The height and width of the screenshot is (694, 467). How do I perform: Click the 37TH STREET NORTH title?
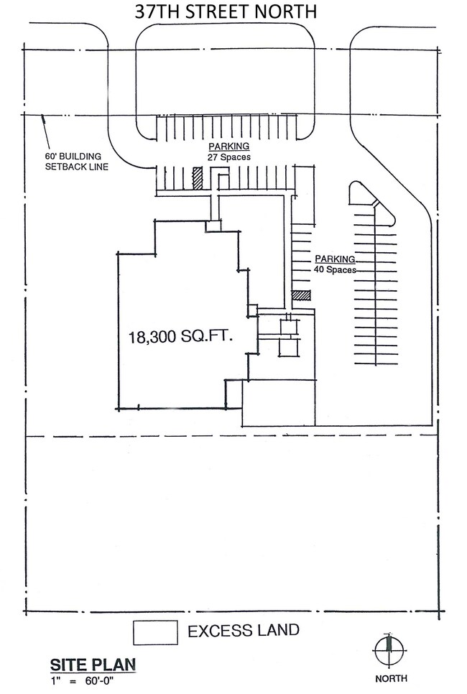point(226,11)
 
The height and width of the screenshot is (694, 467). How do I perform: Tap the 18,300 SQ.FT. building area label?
point(180,337)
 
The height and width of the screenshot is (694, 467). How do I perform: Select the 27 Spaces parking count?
point(229,157)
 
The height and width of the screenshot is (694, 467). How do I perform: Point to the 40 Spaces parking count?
point(335,269)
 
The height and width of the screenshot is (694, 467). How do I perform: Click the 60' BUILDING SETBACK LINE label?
point(77,162)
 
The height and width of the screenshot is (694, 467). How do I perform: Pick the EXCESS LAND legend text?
point(244,630)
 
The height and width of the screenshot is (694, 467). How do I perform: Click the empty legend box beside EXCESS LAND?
point(155,632)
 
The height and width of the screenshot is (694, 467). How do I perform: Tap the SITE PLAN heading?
point(93,665)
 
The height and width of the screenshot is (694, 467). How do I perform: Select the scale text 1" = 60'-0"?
point(83,681)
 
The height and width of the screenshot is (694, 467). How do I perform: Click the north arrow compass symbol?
point(389,649)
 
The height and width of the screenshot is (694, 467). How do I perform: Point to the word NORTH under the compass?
point(392,678)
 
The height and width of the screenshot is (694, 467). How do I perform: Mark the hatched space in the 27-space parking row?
point(198,178)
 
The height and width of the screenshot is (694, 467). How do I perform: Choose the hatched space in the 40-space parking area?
point(302,296)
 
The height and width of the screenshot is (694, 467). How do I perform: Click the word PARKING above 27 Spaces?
point(229,147)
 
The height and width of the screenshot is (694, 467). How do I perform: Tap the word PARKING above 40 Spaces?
point(335,259)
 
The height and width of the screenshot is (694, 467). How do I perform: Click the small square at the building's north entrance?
point(213,226)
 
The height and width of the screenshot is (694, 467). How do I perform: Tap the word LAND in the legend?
point(277,630)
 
